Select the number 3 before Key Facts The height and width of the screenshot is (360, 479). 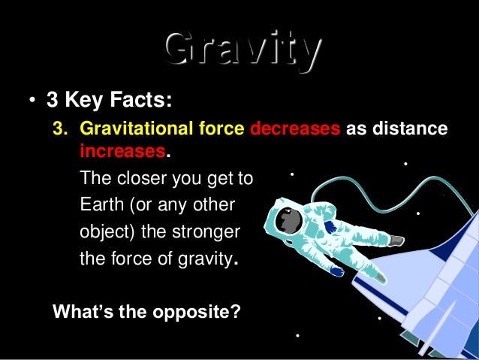coord(52,100)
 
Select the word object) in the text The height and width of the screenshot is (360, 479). coord(107,231)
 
